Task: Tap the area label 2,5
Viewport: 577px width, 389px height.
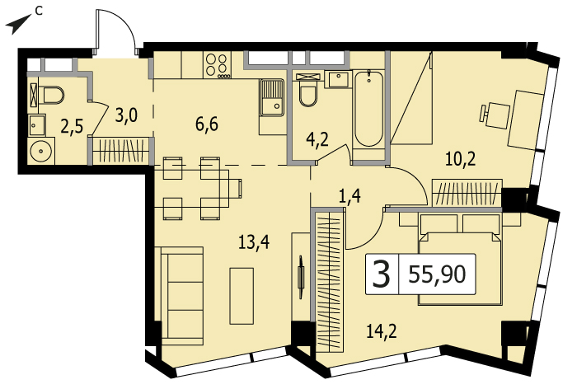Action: (72, 128)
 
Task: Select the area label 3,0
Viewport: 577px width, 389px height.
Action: (126, 115)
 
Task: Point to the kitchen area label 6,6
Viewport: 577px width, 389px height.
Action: (207, 124)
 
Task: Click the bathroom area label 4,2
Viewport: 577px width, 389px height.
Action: (317, 140)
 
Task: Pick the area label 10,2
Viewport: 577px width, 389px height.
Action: (460, 159)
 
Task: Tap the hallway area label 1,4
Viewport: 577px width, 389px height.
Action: (349, 196)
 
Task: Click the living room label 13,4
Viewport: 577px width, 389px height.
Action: (254, 242)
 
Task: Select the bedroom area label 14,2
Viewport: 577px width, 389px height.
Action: (381, 331)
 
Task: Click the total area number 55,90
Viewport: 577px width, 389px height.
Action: (437, 274)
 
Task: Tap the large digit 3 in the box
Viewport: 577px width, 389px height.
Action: (381, 274)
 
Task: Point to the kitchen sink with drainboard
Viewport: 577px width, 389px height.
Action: (271, 97)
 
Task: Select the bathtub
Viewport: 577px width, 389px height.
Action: (368, 109)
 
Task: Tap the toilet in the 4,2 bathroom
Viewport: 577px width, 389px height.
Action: (307, 93)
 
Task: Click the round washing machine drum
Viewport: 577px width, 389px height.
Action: (40, 152)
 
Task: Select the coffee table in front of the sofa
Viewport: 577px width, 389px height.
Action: (242, 296)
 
